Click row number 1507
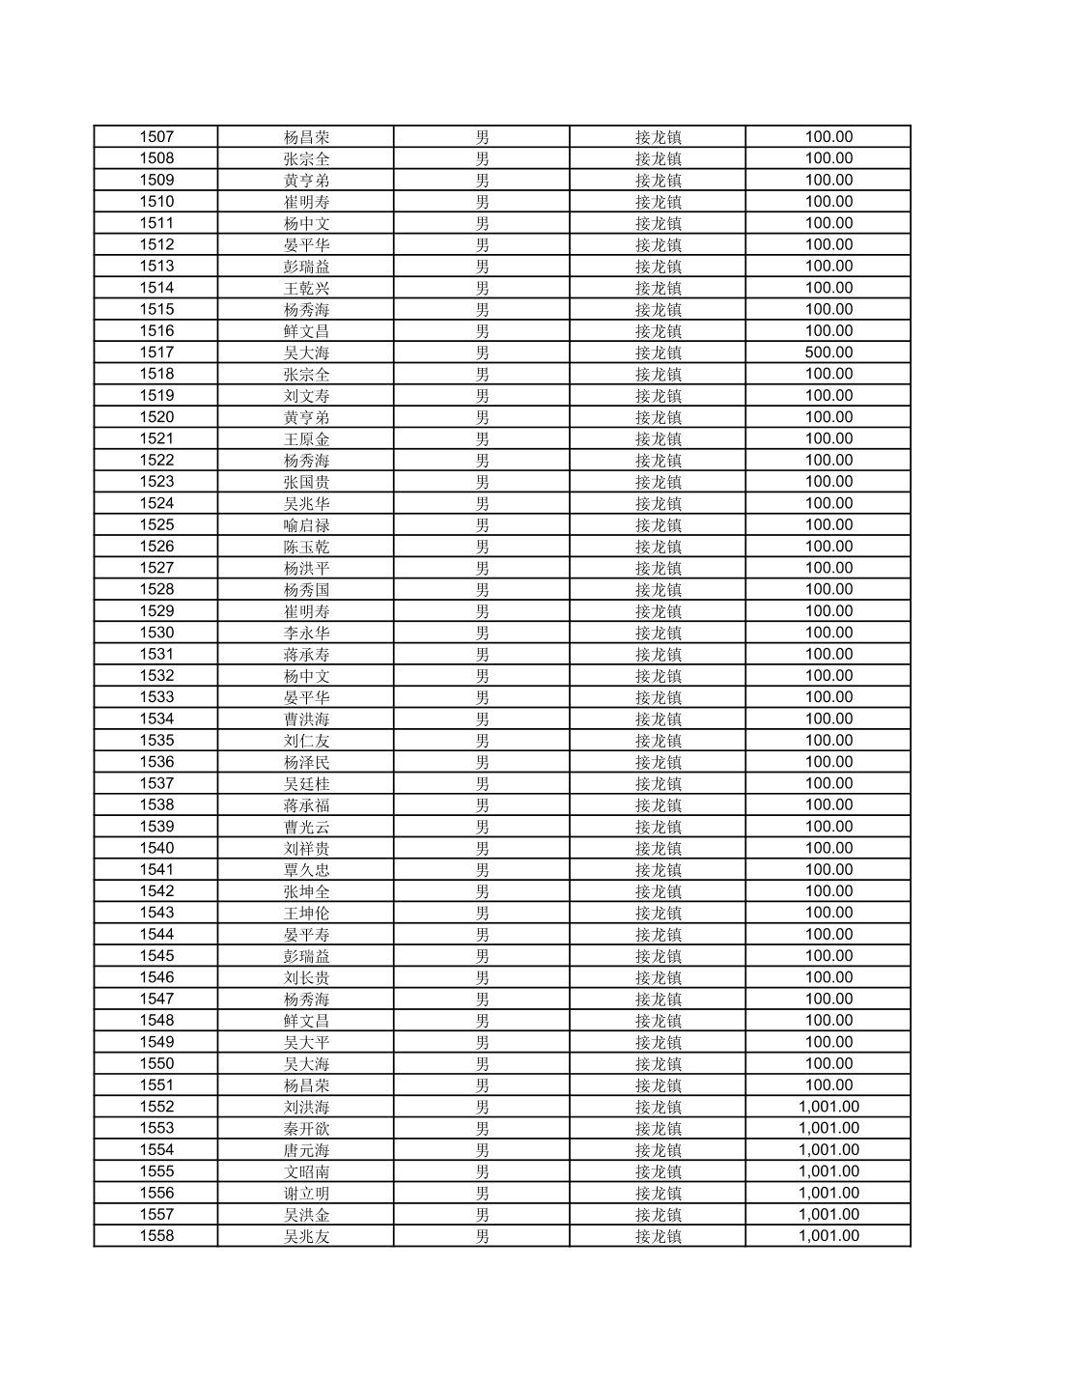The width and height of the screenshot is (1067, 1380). click(156, 137)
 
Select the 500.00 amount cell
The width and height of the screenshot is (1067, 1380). click(828, 352)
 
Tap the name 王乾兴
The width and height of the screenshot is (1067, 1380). click(306, 288)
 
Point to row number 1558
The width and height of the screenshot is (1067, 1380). click(156, 1236)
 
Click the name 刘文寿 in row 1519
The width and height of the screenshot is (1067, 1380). click(306, 396)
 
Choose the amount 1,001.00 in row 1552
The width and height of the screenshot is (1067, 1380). click(828, 1107)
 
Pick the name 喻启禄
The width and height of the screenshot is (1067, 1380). click(306, 525)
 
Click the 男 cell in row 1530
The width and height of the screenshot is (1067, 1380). click(482, 633)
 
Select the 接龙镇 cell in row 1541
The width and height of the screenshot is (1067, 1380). click(658, 870)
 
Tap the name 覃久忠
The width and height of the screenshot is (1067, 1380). click(306, 870)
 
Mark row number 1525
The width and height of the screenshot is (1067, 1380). click(156, 525)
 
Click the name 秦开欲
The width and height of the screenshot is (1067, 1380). click(306, 1129)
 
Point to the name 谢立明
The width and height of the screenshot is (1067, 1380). click(306, 1194)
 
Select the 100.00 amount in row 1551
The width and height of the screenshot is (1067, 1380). click(828, 1085)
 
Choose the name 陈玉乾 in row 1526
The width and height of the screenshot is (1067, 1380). click(306, 547)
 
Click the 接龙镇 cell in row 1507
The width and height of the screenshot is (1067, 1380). click(658, 137)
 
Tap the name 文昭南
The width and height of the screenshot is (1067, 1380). click(306, 1171)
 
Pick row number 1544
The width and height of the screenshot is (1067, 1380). click(156, 935)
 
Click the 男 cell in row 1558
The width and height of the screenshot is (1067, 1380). click(482, 1236)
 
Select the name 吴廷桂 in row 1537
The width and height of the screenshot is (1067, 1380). click(306, 784)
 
